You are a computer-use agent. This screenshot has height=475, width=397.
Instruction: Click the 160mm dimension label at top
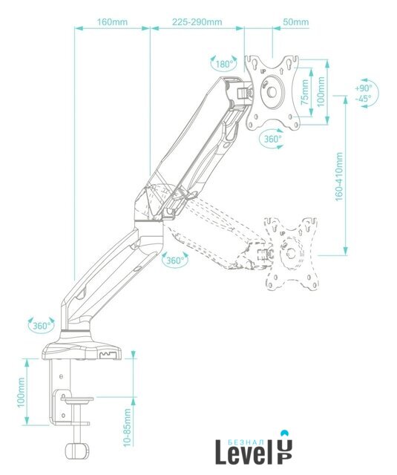pyautogui.click(x=112, y=22)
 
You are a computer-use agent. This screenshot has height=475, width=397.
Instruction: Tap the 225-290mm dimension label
pyautogui.click(x=197, y=22)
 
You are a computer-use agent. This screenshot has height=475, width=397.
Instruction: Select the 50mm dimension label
pyautogui.click(x=295, y=22)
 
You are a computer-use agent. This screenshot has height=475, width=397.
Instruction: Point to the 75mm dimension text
pyautogui.click(x=305, y=92)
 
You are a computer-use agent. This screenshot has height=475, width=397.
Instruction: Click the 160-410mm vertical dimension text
pyautogui.click(x=339, y=177)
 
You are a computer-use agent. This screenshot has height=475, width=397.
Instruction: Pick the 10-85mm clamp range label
pyautogui.click(x=127, y=427)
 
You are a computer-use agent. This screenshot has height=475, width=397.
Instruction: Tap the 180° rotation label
pyautogui.click(x=224, y=65)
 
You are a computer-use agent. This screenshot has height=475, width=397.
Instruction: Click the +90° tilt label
pyautogui.click(x=363, y=88)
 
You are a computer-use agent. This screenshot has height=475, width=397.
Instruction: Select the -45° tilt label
pyautogui.click(x=363, y=99)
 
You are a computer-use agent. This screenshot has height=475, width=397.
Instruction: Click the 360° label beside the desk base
pyautogui.click(x=42, y=326)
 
